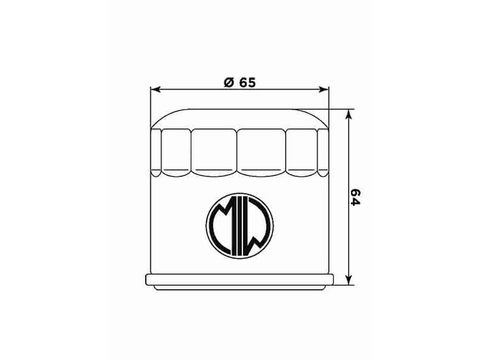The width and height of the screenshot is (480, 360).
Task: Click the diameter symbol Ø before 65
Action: [229, 82]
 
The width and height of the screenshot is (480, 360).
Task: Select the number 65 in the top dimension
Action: [247, 82]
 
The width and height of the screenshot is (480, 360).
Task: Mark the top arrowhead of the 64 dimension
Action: [349, 114]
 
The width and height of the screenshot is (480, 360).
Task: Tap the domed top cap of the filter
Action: [240, 118]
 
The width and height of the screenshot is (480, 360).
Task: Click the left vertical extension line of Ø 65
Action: [150, 104]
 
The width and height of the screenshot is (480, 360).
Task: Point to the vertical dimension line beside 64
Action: [349, 240]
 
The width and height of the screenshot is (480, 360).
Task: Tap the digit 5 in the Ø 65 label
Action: [251, 82]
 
